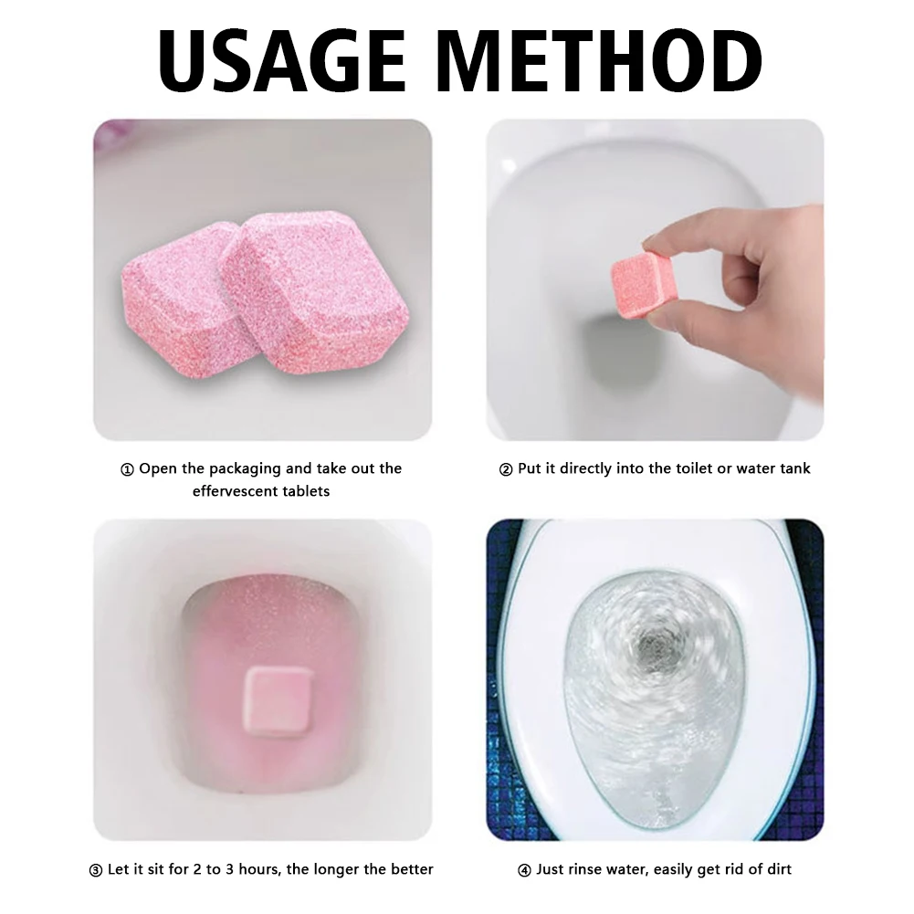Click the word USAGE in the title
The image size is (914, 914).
(282, 61)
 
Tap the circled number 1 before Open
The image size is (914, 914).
(127, 469)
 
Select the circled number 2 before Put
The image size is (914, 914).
(506, 469)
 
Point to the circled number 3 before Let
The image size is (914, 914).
(96, 870)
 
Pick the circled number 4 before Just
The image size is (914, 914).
(524, 870)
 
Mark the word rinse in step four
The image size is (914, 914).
(584, 869)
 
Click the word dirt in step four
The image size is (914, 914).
(778, 869)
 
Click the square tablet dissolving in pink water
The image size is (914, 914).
(278, 700)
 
